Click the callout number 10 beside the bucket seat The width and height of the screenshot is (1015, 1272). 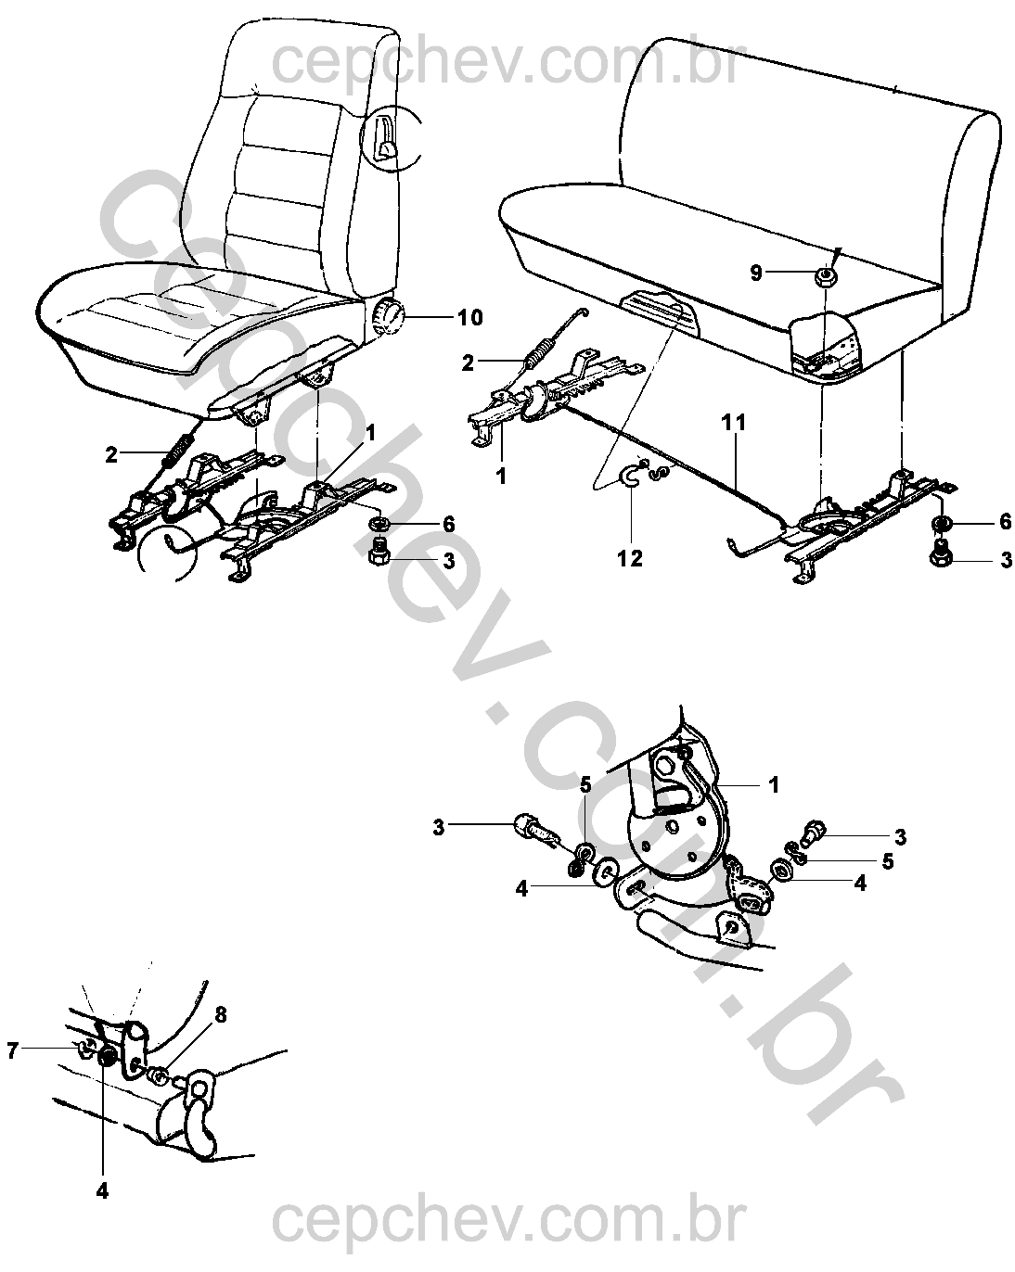click(x=470, y=318)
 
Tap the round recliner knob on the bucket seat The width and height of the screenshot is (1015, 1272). click(x=388, y=313)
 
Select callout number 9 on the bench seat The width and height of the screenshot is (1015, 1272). click(x=756, y=273)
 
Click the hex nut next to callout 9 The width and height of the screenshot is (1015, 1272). click(x=824, y=275)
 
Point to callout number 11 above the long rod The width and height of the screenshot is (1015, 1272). click(x=734, y=422)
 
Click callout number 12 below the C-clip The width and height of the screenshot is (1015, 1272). click(x=630, y=558)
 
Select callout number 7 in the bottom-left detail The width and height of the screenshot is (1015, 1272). click(x=13, y=1050)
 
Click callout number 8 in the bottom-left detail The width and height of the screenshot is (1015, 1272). click(x=220, y=1015)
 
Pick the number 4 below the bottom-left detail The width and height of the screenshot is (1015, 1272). click(x=102, y=1191)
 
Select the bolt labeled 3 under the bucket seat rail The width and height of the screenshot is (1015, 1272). click(x=379, y=552)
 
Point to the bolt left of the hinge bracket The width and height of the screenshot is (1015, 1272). click(x=533, y=832)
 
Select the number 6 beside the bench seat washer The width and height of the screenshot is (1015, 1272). click(x=1006, y=521)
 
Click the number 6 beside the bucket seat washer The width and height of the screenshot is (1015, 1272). click(x=449, y=524)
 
